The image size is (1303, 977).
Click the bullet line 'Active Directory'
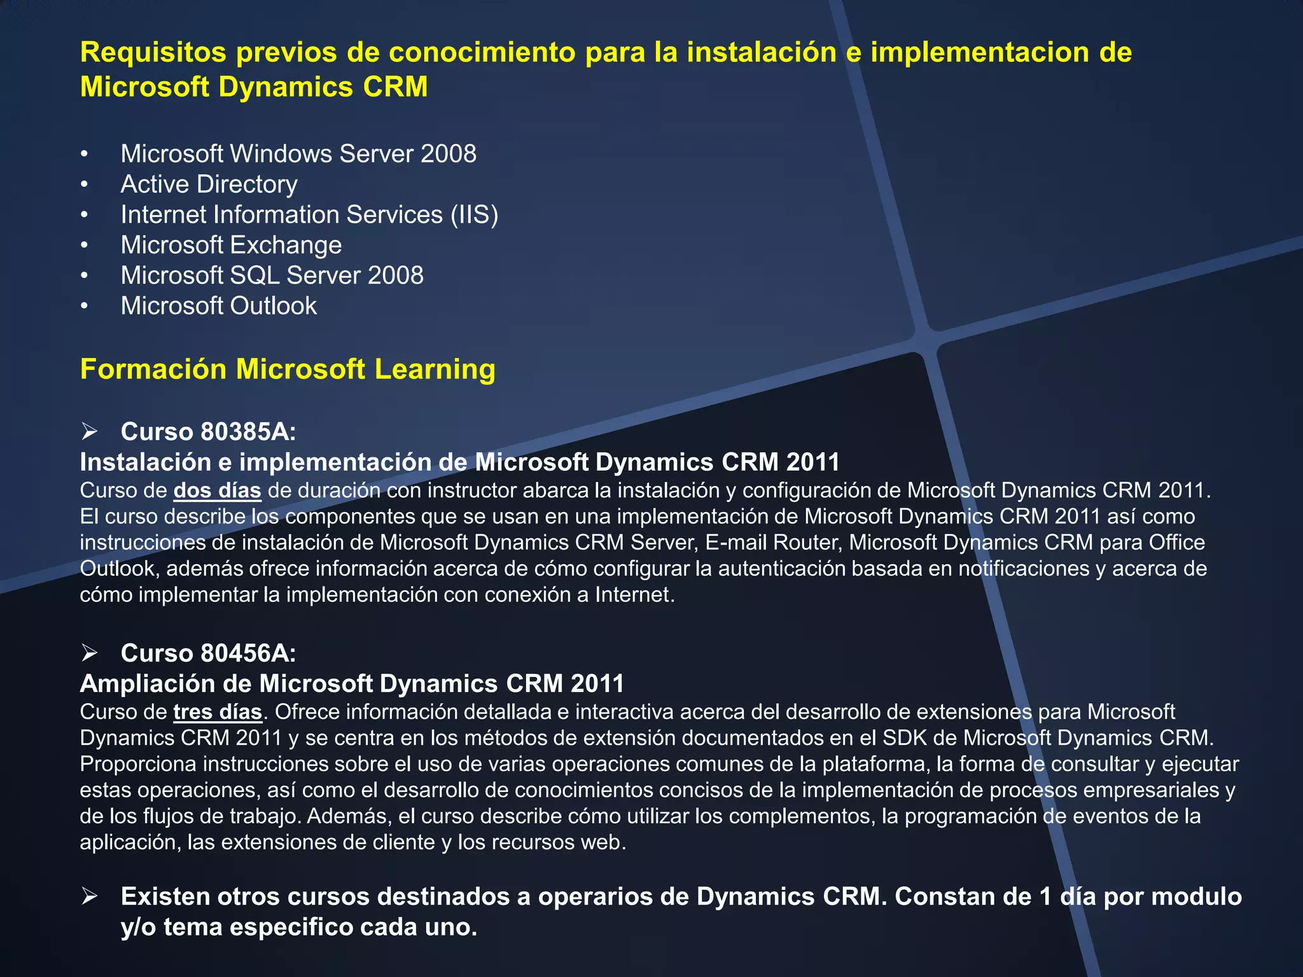click(x=209, y=184)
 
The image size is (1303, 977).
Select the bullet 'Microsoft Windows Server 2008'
click(x=298, y=154)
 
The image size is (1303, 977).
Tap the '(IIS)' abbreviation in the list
click(x=474, y=215)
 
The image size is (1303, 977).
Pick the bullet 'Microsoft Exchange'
click(x=231, y=246)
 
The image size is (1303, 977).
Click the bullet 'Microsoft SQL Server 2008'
click(x=272, y=275)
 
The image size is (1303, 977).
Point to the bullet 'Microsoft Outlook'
click(x=218, y=306)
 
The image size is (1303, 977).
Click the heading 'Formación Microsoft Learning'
click(x=288, y=370)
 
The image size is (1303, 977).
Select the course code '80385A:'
click(x=248, y=432)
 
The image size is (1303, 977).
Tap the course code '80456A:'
click(x=248, y=653)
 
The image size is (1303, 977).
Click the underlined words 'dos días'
click(x=218, y=491)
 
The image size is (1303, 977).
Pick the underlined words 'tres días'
click(x=218, y=712)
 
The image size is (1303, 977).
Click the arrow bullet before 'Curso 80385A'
click(x=89, y=432)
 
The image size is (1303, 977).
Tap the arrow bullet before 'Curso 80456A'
click(x=89, y=653)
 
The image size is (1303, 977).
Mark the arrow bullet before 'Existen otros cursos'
click(x=89, y=897)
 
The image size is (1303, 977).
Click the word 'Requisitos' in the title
click(x=153, y=53)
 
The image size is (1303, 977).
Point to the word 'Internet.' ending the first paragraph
click(x=634, y=595)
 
